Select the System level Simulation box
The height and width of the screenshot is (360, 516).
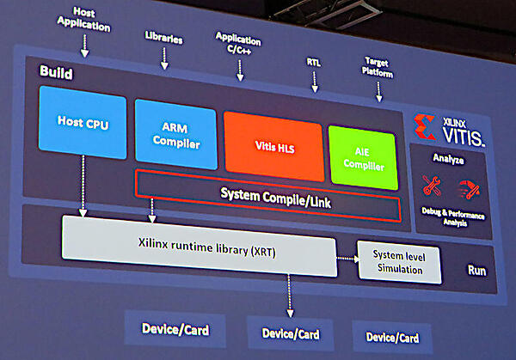pyautogui.click(x=397, y=262)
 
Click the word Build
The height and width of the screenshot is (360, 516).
pyautogui.click(x=56, y=72)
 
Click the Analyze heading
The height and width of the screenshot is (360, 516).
pyautogui.click(x=451, y=160)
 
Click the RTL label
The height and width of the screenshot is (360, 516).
pyautogui.click(x=315, y=62)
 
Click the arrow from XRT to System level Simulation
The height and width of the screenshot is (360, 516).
pyautogui.click(x=347, y=258)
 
